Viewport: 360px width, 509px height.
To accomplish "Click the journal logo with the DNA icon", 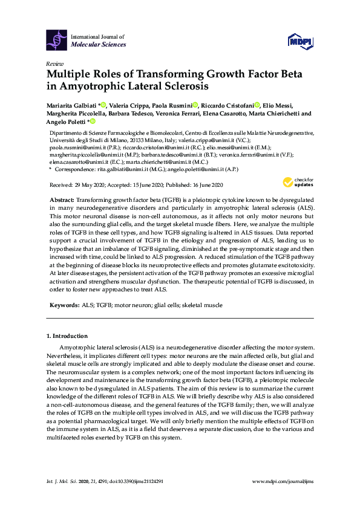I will (x=56, y=41).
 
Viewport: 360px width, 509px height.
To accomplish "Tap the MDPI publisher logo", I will (x=299, y=41).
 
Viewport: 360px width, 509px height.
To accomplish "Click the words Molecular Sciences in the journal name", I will (x=99, y=45).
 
